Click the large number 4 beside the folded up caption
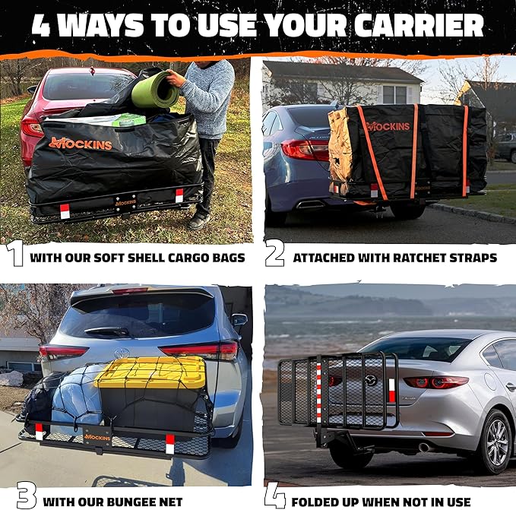tap(275, 496)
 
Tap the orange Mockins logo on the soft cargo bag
tap(80, 143)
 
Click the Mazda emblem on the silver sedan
tap(371, 379)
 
